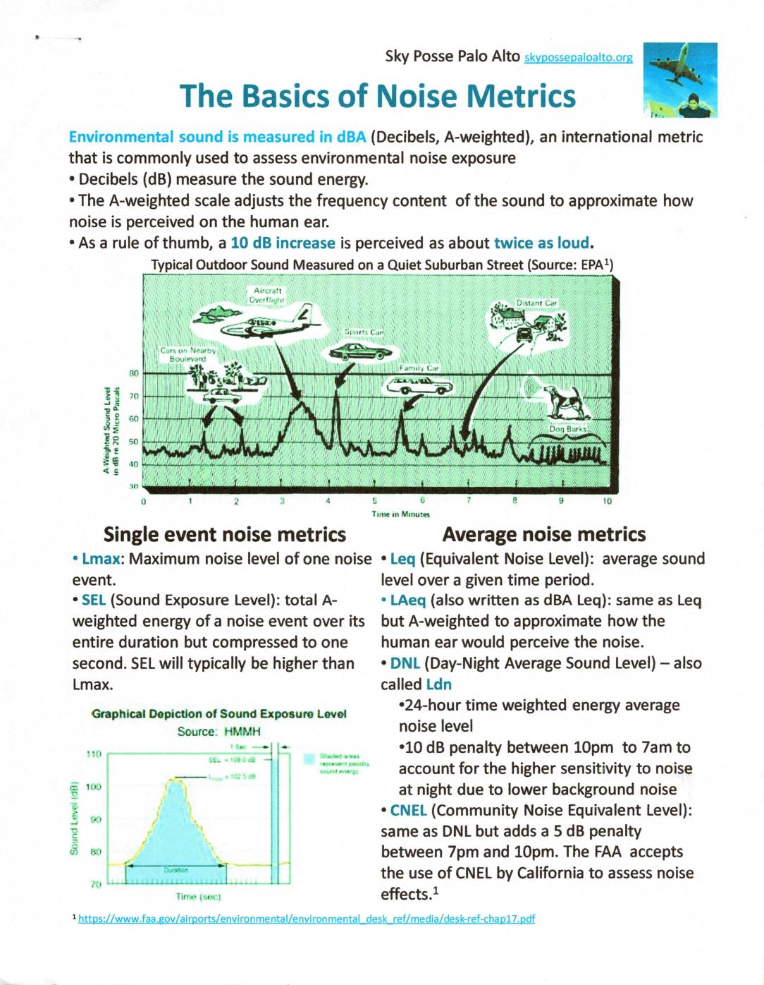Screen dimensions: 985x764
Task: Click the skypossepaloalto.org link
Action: [579, 58]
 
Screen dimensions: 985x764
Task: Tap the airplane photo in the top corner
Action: [680, 78]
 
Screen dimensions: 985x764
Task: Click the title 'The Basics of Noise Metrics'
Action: [378, 97]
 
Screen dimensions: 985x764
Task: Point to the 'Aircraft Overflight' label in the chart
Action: [267, 295]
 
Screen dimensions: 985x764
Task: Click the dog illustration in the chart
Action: [564, 400]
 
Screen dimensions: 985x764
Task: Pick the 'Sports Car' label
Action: [363, 332]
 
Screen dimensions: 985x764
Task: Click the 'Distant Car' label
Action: [537, 303]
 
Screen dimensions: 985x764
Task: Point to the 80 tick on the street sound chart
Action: [133, 373]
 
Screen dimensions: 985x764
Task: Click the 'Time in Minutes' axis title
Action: [400, 514]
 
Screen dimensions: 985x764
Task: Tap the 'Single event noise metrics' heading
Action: [225, 534]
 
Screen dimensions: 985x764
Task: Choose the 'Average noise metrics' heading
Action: [544, 534]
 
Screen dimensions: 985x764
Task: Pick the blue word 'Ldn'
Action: [439, 684]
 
